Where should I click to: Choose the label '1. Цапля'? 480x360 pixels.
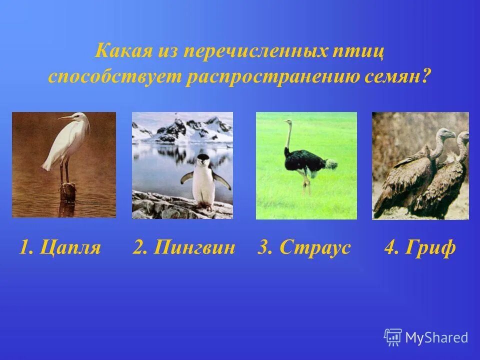tap(60, 247)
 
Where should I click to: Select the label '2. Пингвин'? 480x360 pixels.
tap(184, 247)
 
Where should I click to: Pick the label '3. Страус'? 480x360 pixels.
tap(304, 247)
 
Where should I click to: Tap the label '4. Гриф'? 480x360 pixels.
tap(420, 247)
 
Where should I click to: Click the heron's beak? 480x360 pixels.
tap(64, 118)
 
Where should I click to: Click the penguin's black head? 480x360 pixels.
tap(203, 160)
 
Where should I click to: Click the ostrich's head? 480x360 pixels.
tap(287, 121)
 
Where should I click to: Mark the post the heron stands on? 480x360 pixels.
tap(68, 191)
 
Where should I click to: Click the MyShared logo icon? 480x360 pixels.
tap(393, 337)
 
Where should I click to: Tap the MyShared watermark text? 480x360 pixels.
tap(436, 337)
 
